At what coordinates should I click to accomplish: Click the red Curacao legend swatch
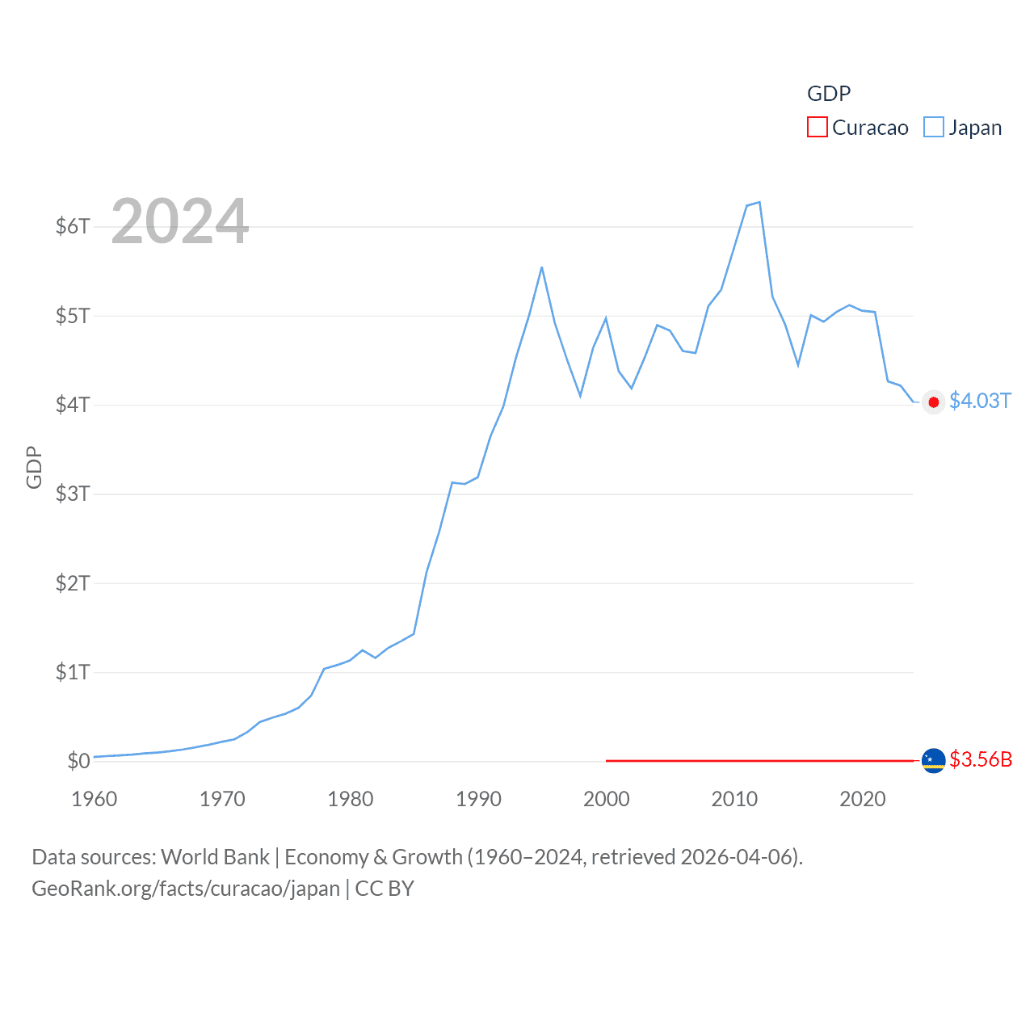coord(817,128)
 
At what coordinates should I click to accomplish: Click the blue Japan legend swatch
coord(933,128)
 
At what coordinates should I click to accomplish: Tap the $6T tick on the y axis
coord(73,226)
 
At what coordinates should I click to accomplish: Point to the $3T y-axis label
coord(73,494)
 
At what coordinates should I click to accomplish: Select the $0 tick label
coord(78,761)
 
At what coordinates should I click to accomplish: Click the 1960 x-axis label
coord(95,799)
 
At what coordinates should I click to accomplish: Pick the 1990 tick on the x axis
coord(478,799)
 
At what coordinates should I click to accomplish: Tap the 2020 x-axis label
coord(863,799)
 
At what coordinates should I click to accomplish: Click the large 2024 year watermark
coord(179,221)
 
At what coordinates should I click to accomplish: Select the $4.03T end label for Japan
coord(980,401)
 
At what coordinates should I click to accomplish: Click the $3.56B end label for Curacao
coord(981,760)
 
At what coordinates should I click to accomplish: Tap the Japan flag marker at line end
coord(933,402)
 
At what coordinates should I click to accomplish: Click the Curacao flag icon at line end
coord(933,761)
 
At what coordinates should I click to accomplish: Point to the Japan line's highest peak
coord(759,202)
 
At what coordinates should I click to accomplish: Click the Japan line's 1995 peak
coord(542,267)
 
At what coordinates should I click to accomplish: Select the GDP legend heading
coord(829,94)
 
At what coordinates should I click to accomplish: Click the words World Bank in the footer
coord(215,857)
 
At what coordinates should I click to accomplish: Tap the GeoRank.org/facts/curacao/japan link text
coord(186,889)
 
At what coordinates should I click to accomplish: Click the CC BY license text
coord(385,889)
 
